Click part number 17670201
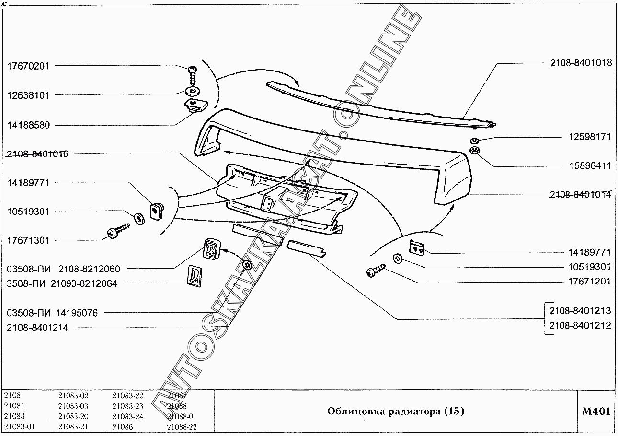pyautogui.click(x=28, y=66)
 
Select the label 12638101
pyautogui.click(x=28, y=95)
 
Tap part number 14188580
pyautogui.click(x=28, y=125)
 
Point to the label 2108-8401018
pyautogui.click(x=580, y=63)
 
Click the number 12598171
pyautogui.click(x=589, y=137)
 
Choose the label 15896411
pyautogui.click(x=589, y=166)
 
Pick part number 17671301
pyautogui.click(x=28, y=241)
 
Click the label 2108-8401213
pyautogui.click(x=580, y=311)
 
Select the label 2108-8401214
pyautogui.click(x=37, y=328)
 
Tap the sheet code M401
pyautogui.click(x=595, y=412)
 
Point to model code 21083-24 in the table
pyautogui.click(x=127, y=417)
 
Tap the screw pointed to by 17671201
pyautogui.click(x=375, y=271)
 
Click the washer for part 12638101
pyautogui.click(x=194, y=91)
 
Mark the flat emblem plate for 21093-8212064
pyautogui.click(x=194, y=276)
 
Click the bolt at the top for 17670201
pyautogui.click(x=193, y=74)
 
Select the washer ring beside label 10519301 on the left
pyautogui.click(x=139, y=218)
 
